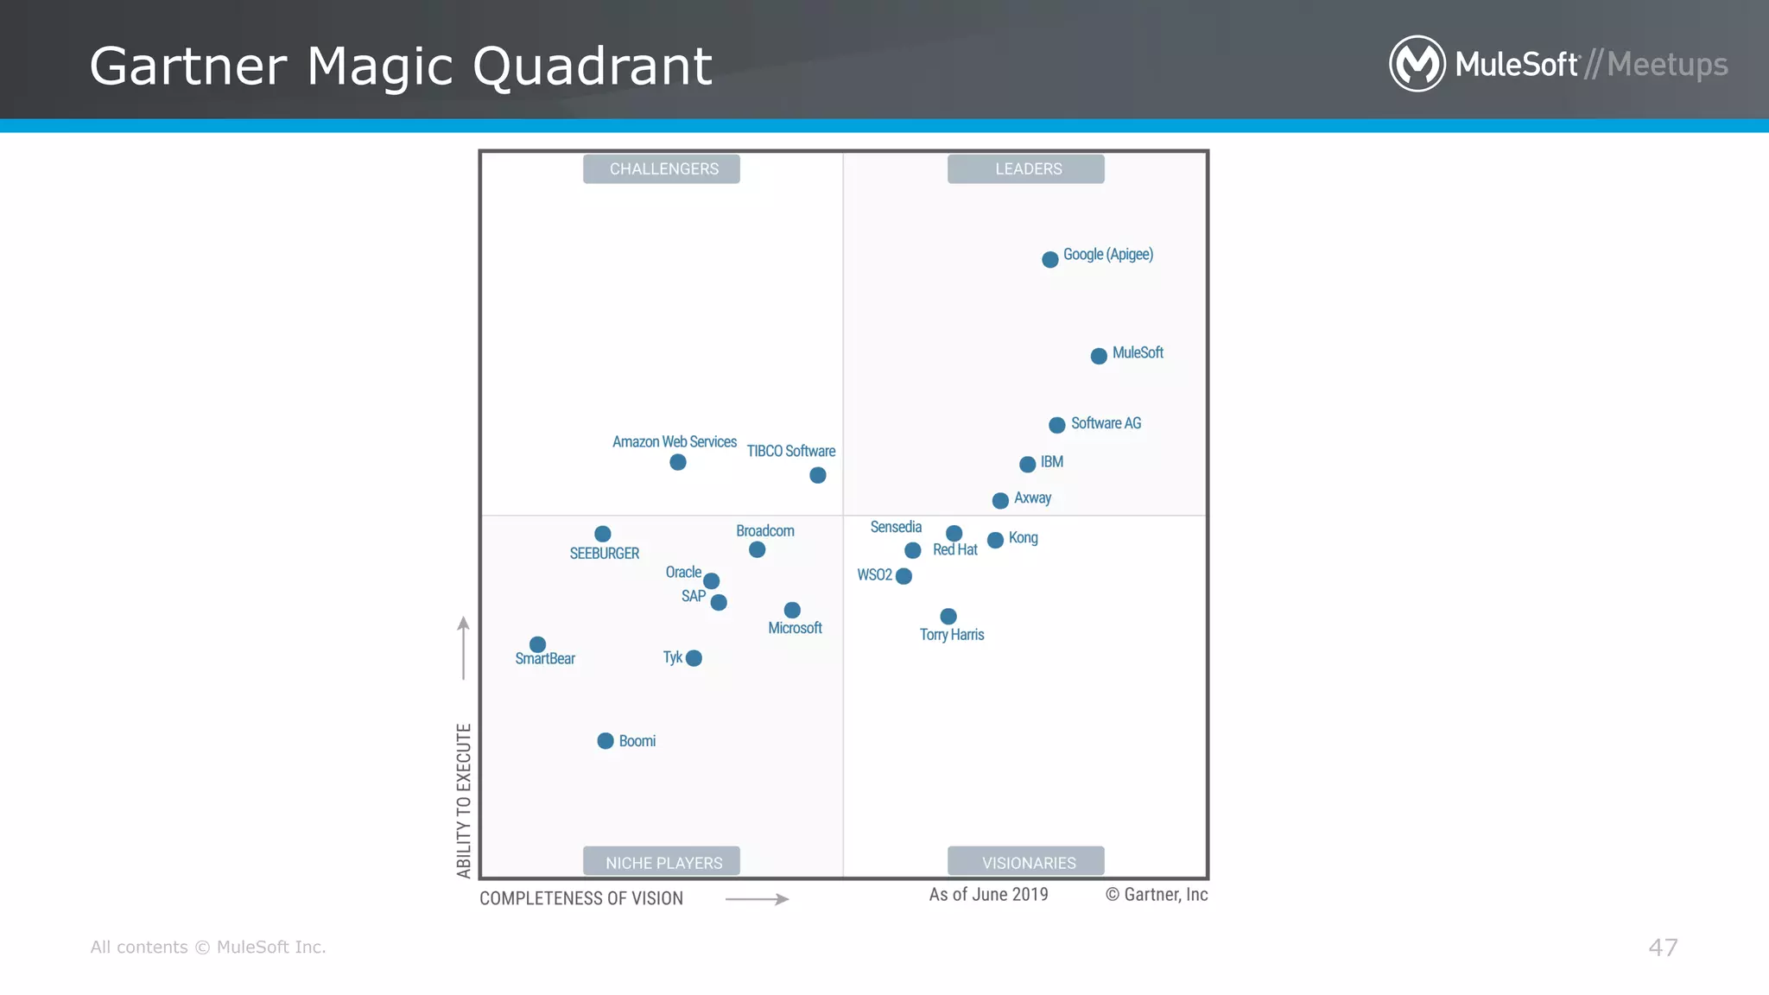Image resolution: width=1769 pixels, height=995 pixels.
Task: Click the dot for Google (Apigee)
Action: point(1049,259)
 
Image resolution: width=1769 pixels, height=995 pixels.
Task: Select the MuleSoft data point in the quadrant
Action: point(1099,356)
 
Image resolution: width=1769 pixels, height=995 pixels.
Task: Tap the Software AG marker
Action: point(1056,425)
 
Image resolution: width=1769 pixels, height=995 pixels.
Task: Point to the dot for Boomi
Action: point(606,741)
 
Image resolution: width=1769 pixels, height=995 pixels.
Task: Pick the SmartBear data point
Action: point(537,644)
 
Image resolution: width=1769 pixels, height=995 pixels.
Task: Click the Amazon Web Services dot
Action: point(678,463)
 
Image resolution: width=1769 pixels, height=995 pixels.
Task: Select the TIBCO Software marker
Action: point(818,475)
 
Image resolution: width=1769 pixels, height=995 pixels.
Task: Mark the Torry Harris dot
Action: point(948,616)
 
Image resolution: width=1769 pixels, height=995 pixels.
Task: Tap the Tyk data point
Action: point(694,658)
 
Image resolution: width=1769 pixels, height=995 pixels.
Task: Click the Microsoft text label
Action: point(795,628)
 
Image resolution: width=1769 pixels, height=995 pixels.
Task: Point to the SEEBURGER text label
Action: point(604,554)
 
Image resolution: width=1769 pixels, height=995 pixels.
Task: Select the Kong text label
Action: point(1023,538)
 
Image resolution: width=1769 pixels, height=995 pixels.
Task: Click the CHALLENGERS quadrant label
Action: point(663,168)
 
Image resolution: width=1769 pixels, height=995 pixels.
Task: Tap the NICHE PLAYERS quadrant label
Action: point(663,862)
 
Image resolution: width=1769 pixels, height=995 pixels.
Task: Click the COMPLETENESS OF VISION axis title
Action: point(581,898)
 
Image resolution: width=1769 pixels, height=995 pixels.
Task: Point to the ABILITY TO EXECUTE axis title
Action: point(464,801)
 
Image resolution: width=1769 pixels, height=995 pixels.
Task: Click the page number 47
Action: point(1663,947)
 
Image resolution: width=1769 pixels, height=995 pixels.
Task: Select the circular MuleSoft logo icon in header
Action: point(1417,64)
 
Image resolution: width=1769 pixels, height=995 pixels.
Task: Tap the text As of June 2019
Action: point(988,895)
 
